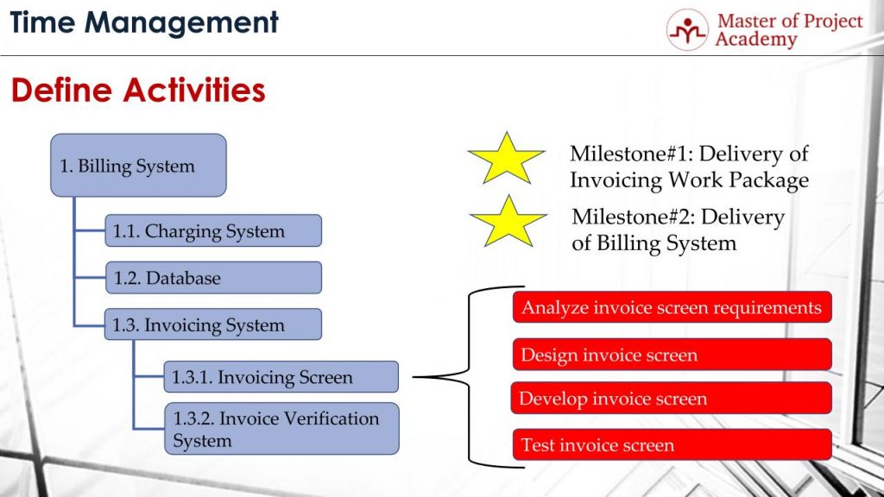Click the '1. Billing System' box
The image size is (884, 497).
138,165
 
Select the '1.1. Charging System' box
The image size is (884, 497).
213,230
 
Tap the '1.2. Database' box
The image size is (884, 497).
213,277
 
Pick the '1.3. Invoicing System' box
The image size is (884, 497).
213,324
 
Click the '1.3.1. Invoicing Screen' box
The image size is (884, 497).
281,376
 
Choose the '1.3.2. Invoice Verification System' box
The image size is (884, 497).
282,428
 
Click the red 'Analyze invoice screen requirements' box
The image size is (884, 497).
672,307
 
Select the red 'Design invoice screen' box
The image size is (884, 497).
672,355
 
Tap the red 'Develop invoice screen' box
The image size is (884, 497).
671,398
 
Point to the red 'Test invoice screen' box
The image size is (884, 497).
672,444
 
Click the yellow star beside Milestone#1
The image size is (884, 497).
506,160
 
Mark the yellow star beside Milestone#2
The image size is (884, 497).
508,223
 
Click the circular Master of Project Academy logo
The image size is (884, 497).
687,30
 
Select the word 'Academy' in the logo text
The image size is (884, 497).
756,40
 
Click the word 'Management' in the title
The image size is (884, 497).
181,23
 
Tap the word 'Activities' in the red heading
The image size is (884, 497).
194,90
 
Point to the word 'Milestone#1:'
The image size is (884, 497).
630,154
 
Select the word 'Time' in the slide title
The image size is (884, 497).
43,22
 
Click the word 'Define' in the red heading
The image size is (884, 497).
61,90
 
